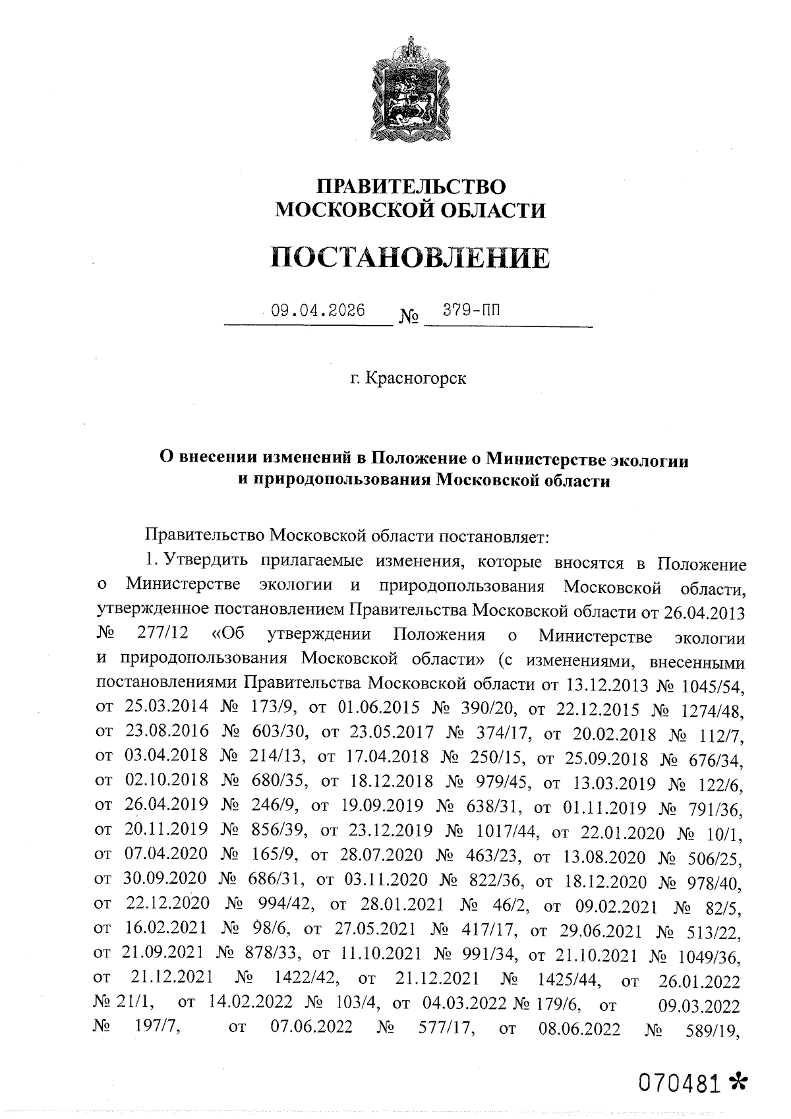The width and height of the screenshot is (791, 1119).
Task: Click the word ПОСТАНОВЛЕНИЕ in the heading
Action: click(410, 258)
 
